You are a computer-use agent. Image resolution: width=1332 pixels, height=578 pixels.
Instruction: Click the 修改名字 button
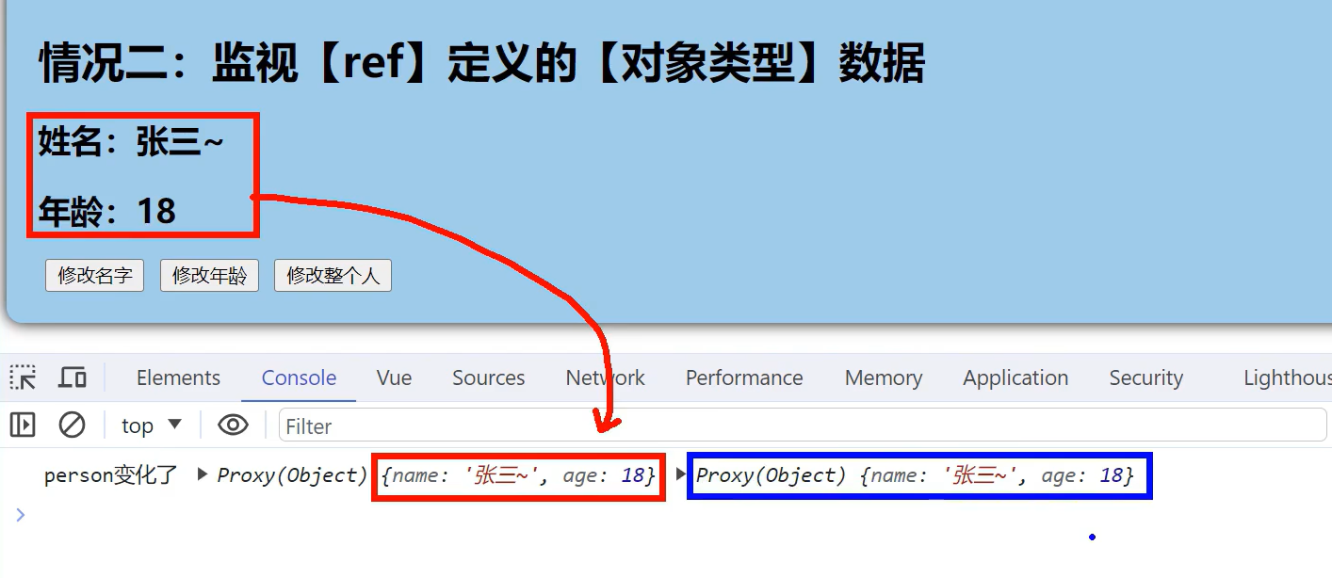pos(94,276)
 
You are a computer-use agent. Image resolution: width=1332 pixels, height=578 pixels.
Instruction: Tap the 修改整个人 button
pos(333,276)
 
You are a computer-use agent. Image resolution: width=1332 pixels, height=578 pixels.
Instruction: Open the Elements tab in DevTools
pos(178,378)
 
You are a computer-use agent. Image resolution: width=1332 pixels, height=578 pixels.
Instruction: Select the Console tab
pos(299,378)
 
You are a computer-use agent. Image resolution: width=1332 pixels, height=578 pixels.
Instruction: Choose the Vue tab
pos(394,378)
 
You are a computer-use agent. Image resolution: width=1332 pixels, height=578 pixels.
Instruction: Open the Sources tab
pos(488,378)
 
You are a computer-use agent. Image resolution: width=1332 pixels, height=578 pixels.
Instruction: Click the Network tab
pos(605,378)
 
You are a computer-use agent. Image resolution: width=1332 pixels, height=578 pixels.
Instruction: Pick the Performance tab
pos(744,378)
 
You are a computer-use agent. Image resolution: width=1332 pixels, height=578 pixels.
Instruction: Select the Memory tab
pos(884,378)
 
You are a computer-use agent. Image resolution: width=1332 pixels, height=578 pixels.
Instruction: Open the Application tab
pos(1015,378)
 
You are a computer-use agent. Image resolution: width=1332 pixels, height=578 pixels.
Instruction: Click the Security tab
pos(1145,378)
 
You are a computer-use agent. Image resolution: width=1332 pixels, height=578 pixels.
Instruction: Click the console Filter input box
pos(801,426)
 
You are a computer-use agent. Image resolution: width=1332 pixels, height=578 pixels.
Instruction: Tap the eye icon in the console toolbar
pos(233,425)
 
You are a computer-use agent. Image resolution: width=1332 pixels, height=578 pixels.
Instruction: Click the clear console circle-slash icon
pos(72,425)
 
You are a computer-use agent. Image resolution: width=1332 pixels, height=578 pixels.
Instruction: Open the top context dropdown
pos(151,425)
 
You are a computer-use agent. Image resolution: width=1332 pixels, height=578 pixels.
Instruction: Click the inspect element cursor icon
pos(23,378)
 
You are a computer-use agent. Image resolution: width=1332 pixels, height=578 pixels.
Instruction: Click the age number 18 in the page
pos(156,212)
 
